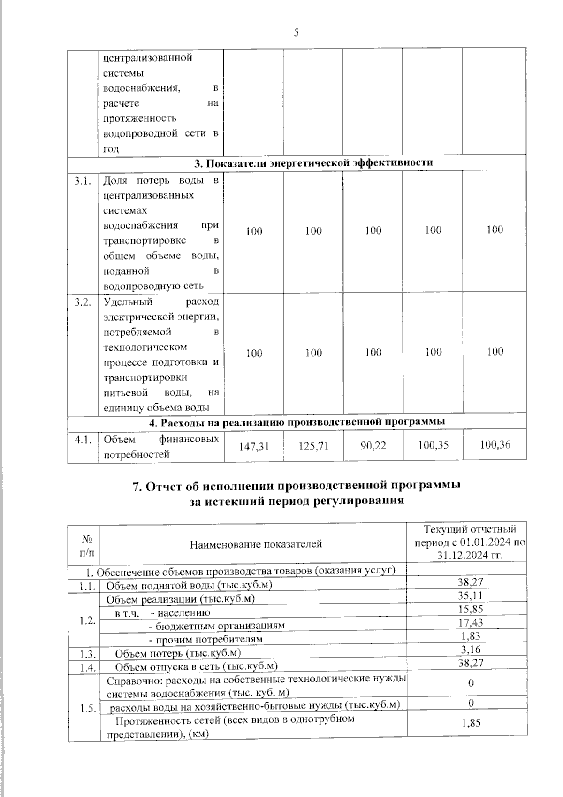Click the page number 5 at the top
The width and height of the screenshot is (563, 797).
296,32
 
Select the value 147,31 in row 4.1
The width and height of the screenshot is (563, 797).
254,446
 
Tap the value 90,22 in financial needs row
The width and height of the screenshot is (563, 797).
373,445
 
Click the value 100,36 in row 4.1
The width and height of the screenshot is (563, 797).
495,444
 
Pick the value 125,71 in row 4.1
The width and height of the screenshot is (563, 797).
313,446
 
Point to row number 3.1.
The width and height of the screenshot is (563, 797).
83,181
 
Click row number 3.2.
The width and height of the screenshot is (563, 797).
83,302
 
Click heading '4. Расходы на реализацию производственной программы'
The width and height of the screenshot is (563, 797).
297,422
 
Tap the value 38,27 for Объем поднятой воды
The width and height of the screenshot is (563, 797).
471,582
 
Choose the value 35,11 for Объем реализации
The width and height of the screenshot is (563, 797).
471,596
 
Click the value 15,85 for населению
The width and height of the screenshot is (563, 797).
471,609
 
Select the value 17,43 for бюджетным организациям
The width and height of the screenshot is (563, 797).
471,622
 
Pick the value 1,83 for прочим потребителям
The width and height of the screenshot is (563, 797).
471,636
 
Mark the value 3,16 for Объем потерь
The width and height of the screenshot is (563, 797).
471,650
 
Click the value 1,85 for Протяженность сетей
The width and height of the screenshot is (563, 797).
471,723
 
